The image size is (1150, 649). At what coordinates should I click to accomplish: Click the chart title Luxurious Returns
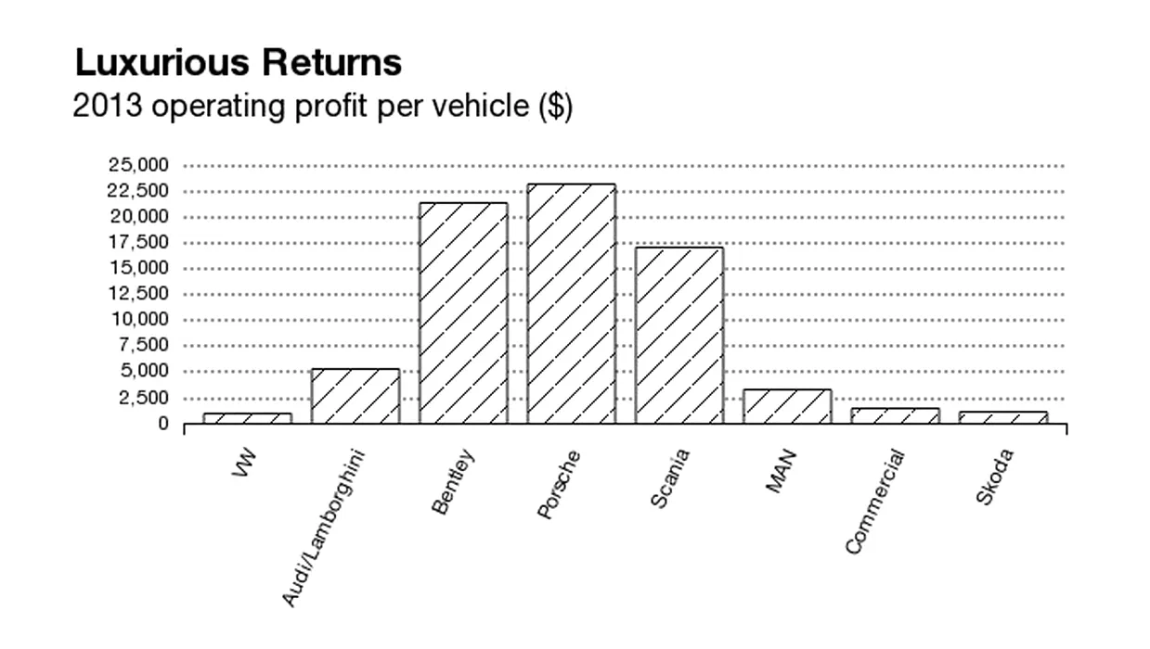pyautogui.click(x=238, y=63)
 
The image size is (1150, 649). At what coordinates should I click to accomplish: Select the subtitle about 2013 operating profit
pyautogui.click(x=323, y=107)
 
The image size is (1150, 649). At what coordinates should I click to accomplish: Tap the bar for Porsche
pyautogui.click(x=571, y=304)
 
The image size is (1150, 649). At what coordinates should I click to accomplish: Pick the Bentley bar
pyautogui.click(x=463, y=313)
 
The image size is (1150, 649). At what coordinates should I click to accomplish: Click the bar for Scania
pyautogui.click(x=678, y=336)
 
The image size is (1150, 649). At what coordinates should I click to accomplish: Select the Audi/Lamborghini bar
pyautogui.click(x=355, y=397)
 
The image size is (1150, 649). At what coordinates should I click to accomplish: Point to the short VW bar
pyautogui.click(x=247, y=418)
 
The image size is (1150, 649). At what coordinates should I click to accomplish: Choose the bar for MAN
pyautogui.click(x=787, y=407)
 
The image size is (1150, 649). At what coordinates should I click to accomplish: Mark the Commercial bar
pyautogui.click(x=895, y=416)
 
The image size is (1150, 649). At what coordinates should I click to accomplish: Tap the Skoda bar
pyautogui.click(x=1002, y=418)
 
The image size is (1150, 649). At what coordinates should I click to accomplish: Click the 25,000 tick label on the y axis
pyautogui.click(x=138, y=166)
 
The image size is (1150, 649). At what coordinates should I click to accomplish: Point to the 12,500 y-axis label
pyautogui.click(x=138, y=294)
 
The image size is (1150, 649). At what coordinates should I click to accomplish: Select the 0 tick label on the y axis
pyautogui.click(x=162, y=424)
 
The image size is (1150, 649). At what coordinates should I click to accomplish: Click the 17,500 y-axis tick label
pyautogui.click(x=138, y=243)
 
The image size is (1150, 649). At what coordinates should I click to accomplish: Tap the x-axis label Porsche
pyautogui.click(x=559, y=483)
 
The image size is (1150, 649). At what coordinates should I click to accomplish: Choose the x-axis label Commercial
pyautogui.click(x=874, y=501)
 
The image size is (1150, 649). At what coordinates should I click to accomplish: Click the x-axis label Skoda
pyautogui.click(x=995, y=476)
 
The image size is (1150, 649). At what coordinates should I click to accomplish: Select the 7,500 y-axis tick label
pyautogui.click(x=143, y=346)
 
